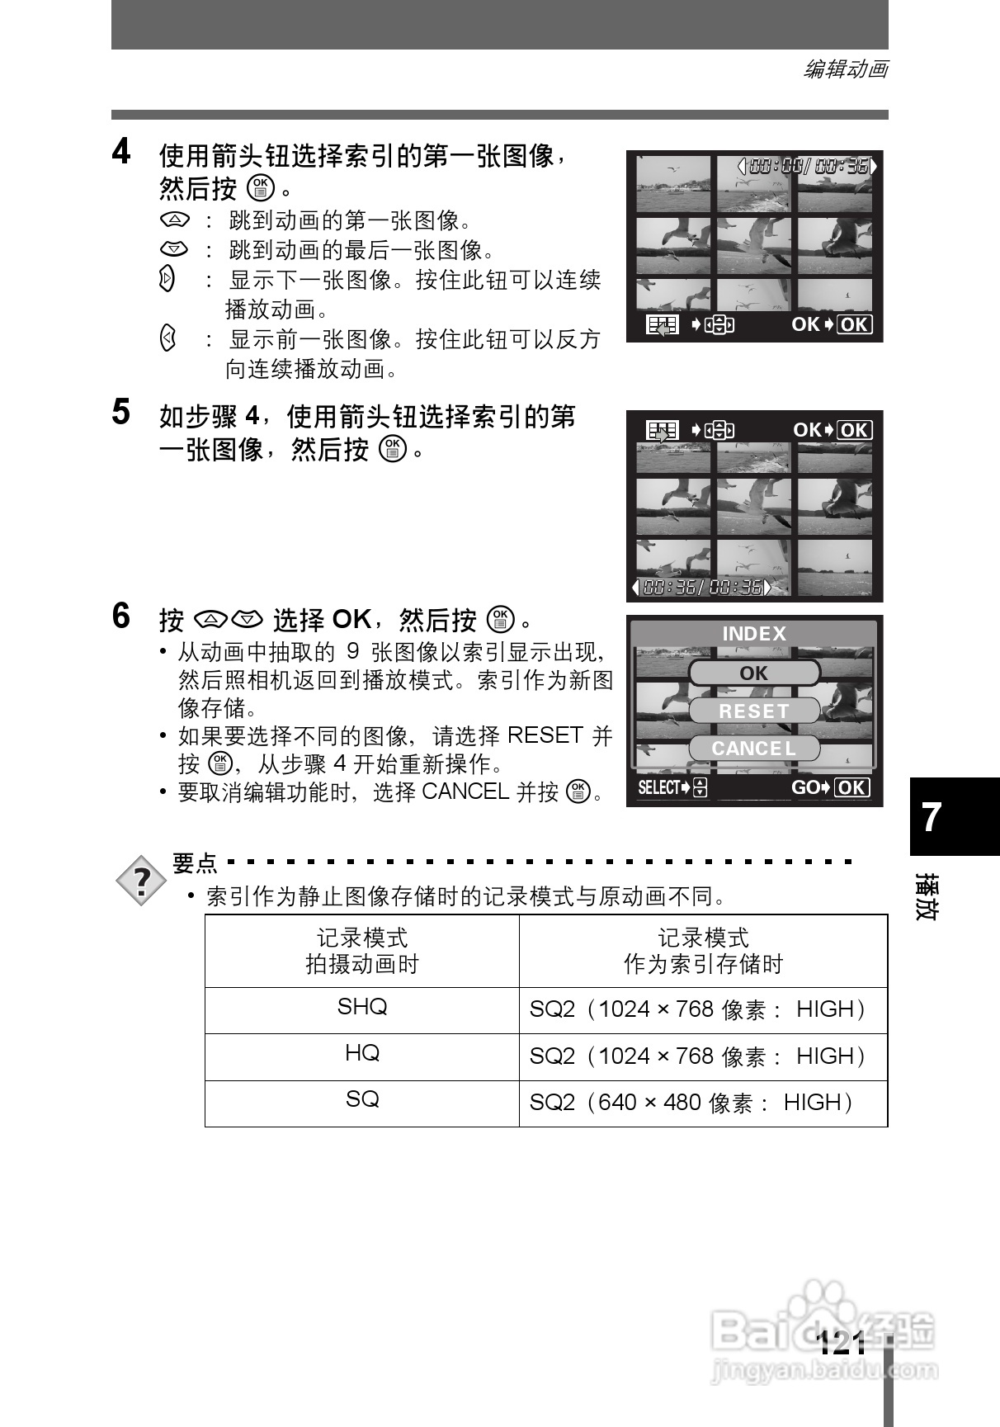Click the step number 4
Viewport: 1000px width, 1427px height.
121,153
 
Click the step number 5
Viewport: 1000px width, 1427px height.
121,413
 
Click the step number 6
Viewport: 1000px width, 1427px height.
121,617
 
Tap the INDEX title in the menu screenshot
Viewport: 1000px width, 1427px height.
754,634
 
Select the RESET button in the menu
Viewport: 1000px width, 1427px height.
754,711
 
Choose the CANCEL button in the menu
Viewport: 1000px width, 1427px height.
754,749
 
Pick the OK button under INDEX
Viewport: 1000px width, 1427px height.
754,673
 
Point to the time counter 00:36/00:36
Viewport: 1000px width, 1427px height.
701,588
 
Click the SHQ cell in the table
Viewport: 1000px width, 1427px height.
361,1008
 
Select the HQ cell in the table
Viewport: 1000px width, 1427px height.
361,1054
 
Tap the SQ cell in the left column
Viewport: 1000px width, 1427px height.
361,1100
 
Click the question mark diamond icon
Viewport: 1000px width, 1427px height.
142,882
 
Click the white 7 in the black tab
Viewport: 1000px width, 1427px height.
932,817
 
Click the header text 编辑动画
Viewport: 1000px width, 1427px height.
846,70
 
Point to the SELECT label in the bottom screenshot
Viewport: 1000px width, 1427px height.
659,787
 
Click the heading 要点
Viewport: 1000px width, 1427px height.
195,863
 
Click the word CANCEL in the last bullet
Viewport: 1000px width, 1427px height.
465,792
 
